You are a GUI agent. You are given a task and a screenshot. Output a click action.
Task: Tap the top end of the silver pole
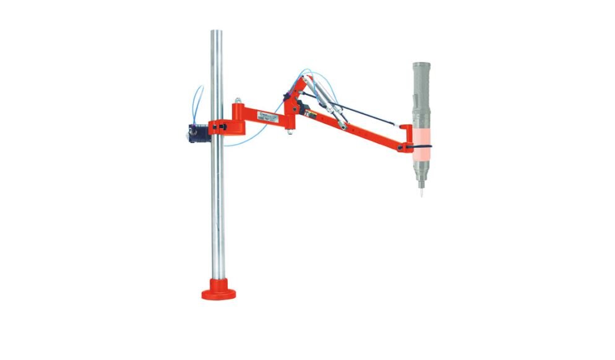click(x=217, y=32)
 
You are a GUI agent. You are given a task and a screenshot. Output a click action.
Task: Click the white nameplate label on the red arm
click(x=271, y=116)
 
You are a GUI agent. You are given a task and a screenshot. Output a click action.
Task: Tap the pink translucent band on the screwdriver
click(x=421, y=136)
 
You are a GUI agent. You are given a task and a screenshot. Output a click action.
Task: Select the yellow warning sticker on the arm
click(x=314, y=115)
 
